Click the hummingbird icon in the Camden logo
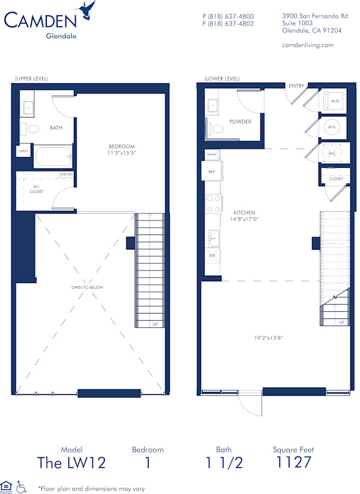point(88,11)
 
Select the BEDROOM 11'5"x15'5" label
point(121,150)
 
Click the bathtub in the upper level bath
point(53,158)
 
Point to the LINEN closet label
point(23,152)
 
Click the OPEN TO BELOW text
point(87,287)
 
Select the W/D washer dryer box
point(335,101)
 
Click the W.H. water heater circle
point(332,127)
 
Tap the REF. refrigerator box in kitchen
point(212,171)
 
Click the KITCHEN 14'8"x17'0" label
point(244,216)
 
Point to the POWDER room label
point(240,122)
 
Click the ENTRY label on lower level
point(296,86)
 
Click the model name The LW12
point(71,462)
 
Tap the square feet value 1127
point(293,462)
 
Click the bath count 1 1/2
point(223,462)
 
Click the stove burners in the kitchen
point(213,204)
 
